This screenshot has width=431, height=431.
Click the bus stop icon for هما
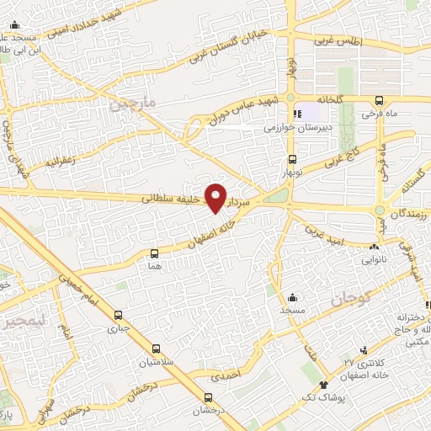click(x=153, y=253)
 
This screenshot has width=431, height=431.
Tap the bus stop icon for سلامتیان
click(x=155, y=349)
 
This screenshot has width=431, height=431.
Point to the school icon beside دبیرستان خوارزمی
click(x=295, y=114)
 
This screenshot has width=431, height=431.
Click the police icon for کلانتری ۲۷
click(x=364, y=350)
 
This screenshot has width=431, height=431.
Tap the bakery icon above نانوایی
click(x=374, y=247)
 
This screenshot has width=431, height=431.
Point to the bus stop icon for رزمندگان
click(x=380, y=210)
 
